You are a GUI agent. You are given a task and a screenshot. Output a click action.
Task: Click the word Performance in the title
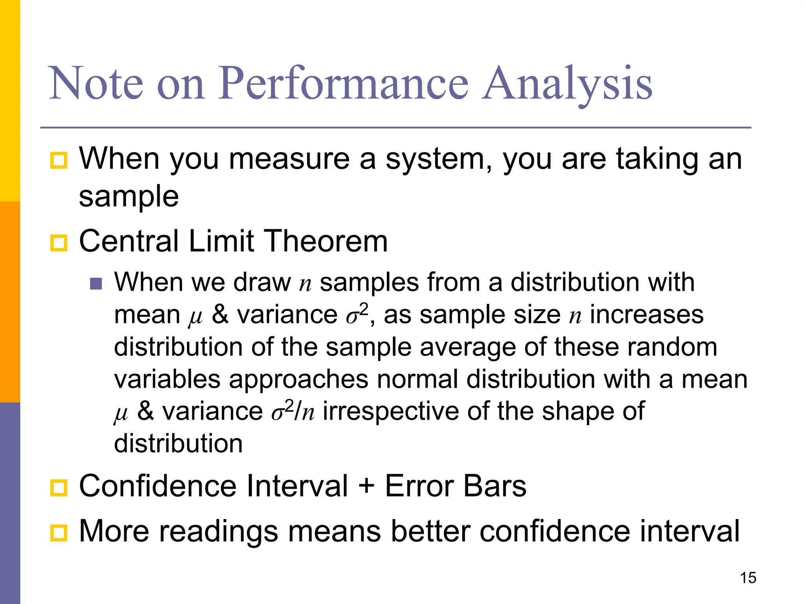(x=343, y=83)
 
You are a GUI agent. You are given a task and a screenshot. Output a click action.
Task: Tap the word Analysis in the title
(x=567, y=83)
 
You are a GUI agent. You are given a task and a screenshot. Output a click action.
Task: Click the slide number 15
(x=748, y=578)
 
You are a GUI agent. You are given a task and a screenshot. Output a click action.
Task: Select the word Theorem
(x=325, y=241)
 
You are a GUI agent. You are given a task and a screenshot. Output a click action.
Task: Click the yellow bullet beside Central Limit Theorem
(x=59, y=243)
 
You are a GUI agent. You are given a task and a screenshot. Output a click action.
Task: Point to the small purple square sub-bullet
(x=96, y=284)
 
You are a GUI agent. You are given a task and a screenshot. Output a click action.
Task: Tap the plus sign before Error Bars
(x=366, y=486)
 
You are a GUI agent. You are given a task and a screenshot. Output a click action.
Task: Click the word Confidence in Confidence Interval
(x=157, y=486)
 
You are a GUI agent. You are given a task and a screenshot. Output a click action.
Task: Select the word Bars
(x=494, y=486)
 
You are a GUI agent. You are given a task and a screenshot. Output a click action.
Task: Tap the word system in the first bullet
(x=438, y=159)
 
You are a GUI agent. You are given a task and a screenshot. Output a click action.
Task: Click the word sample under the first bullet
(x=129, y=197)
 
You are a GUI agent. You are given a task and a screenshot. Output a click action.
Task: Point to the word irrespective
(x=391, y=412)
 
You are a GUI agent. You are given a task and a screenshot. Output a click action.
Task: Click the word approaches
(x=298, y=379)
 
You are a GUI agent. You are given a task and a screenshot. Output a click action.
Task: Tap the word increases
(x=647, y=315)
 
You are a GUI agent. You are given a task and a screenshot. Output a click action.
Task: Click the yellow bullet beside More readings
(x=59, y=533)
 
